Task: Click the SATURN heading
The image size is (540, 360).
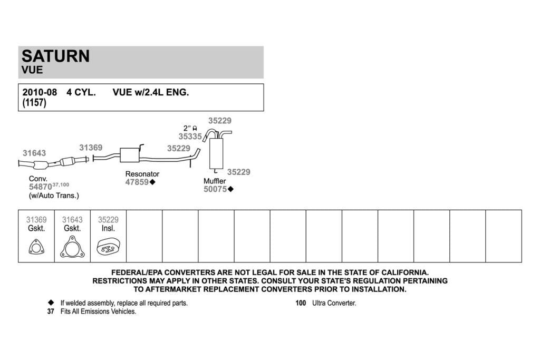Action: click(55, 56)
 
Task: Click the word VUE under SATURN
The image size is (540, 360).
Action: click(32, 70)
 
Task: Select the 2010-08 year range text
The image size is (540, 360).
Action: click(40, 92)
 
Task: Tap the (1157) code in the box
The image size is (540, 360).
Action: click(34, 103)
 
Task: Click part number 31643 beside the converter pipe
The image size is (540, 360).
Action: click(34, 153)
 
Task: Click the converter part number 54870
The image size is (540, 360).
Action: click(40, 187)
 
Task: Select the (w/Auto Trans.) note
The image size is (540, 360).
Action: click(54, 196)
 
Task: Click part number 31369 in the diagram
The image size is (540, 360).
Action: click(91, 148)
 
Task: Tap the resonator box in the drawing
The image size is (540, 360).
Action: click(130, 155)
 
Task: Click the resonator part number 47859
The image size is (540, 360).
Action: click(137, 182)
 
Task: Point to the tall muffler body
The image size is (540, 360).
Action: click(216, 153)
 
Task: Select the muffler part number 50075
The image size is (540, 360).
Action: click(215, 189)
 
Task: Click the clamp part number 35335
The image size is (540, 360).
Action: click(190, 137)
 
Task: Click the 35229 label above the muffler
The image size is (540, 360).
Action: click(220, 121)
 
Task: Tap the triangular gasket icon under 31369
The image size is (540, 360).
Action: click(36, 247)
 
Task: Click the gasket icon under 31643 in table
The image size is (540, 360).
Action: click(72, 247)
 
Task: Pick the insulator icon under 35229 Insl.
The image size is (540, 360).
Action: click(109, 247)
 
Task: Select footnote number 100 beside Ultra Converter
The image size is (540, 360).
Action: click(301, 303)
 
